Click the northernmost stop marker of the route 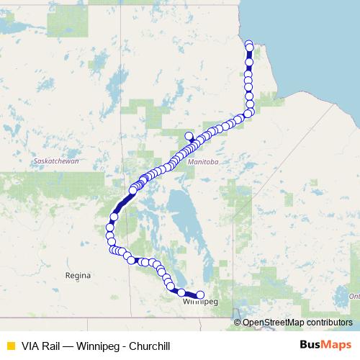click(249, 44)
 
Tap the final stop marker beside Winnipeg click(200, 294)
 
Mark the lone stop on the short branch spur click(189, 135)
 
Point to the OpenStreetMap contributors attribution click(297, 323)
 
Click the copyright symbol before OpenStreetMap click(238, 323)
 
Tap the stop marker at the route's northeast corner click(249, 112)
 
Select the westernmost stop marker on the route click(110, 228)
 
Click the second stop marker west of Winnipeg click(182, 292)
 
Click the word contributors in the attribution click(328, 323)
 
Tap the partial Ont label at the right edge click(354, 296)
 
